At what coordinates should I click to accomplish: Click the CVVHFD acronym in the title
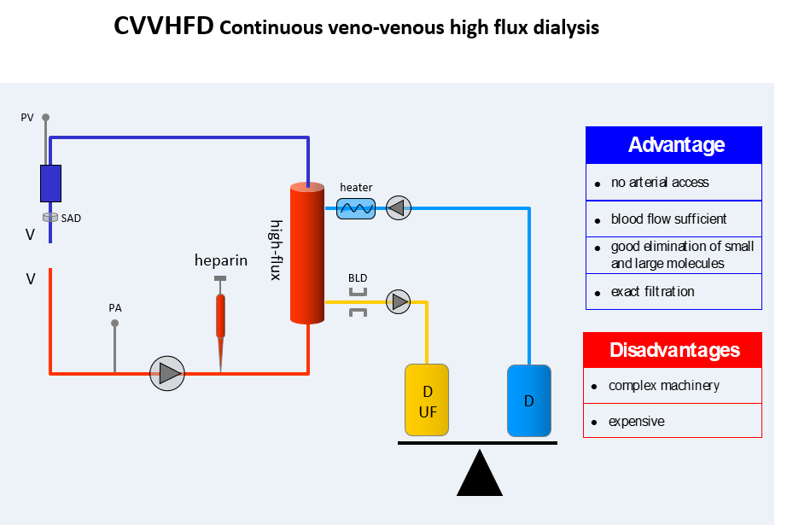tap(163, 26)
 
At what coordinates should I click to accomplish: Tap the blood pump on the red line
tap(167, 373)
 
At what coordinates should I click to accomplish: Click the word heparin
tap(221, 260)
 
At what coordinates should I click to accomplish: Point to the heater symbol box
tap(356, 207)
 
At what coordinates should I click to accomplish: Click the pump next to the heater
tap(398, 207)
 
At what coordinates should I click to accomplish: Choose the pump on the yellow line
tap(398, 301)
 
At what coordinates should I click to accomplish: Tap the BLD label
tap(358, 278)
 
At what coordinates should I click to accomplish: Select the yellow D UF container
tap(427, 400)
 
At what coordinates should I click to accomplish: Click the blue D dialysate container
tap(529, 400)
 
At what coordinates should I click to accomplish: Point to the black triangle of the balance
tap(479, 474)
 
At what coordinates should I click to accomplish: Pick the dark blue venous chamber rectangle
tap(50, 183)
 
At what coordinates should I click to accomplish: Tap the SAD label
tap(71, 219)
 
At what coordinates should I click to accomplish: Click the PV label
tap(27, 118)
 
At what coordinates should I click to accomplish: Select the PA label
tap(115, 306)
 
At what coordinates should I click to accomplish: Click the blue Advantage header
tap(673, 145)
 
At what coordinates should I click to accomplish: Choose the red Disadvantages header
tap(673, 350)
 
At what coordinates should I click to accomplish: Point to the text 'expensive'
tap(636, 422)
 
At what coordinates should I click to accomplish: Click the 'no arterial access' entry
tap(659, 182)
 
